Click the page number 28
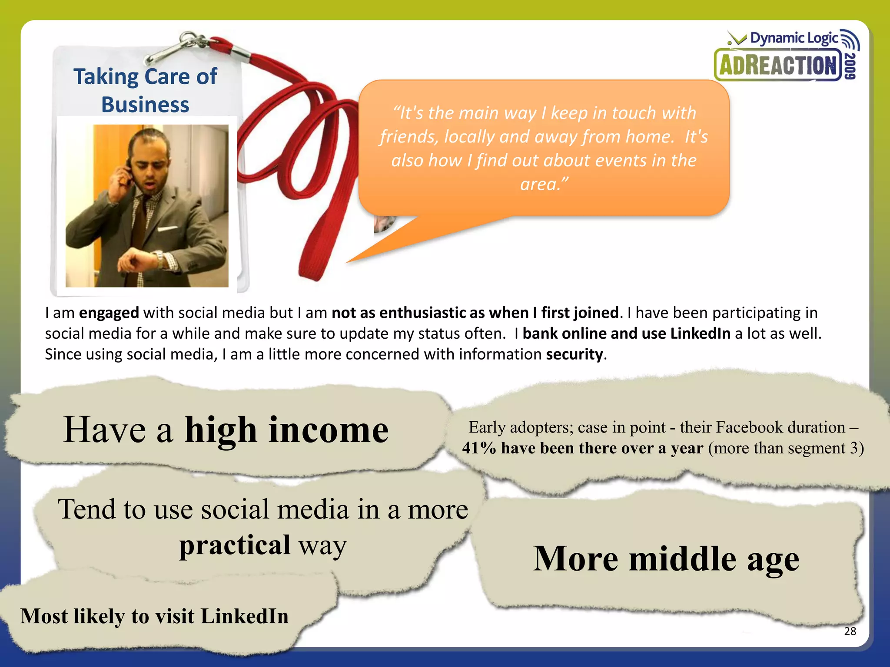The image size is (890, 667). pyautogui.click(x=850, y=631)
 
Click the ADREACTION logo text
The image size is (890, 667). pyautogui.click(x=778, y=66)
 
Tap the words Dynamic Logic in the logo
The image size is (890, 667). pyautogui.click(x=794, y=38)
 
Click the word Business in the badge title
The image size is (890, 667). pyautogui.click(x=145, y=105)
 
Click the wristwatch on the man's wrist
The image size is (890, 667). pyautogui.click(x=159, y=260)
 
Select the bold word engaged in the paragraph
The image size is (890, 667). pyautogui.click(x=109, y=313)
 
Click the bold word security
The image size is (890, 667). pyautogui.click(x=575, y=354)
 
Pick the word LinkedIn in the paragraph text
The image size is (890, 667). pyautogui.click(x=700, y=333)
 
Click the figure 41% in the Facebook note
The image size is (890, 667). pyautogui.click(x=479, y=448)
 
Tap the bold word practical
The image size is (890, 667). pyautogui.click(x=235, y=545)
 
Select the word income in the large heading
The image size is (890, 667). pyautogui.click(x=329, y=429)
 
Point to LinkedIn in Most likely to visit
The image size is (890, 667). pyautogui.click(x=245, y=616)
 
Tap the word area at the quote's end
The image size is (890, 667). pyautogui.click(x=538, y=184)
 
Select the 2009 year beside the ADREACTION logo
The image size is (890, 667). pyautogui.click(x=851, y=66)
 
